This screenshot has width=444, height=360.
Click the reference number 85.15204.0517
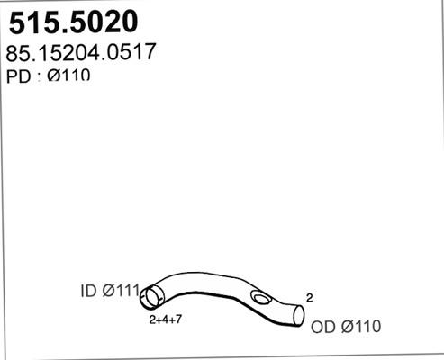pyautogui.click(x=84, y=51)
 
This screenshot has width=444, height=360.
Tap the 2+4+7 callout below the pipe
pyautogui.click(x=168, y=319)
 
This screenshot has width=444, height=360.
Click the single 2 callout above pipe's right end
pyautogui.click(x=309, y=297)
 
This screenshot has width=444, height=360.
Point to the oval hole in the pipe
pyautogui.click(x=261, y=299)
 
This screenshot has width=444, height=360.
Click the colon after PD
pyautogui.click(x=39, y=76)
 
